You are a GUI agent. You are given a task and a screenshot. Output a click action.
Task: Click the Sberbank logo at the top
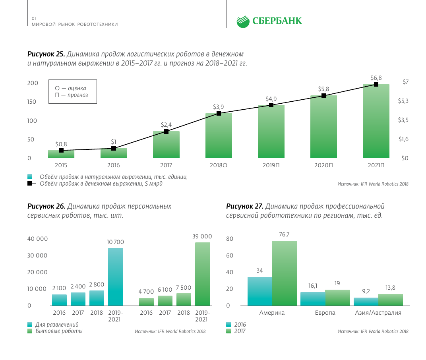[269, 21]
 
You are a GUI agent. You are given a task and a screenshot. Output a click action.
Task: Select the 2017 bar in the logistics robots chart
[166, 145]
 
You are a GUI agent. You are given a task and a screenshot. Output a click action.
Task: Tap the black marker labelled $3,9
[219, 113]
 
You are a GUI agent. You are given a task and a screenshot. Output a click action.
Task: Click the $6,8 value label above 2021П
[376, 78]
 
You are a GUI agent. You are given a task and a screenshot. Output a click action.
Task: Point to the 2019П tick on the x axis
[271, 165]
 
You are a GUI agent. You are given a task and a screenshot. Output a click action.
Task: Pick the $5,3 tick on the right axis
[403, 101]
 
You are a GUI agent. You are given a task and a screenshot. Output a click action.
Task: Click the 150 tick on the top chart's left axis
[32, 102]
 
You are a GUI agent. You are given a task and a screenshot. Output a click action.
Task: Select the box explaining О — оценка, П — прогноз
[73, 92]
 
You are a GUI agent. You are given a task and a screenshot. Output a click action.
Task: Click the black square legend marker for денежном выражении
[30, 184]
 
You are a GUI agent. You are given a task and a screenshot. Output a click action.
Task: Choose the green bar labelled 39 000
[202, 274]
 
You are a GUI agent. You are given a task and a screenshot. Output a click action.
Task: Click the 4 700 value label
[146, 292]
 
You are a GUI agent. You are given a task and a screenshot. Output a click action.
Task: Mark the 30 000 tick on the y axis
[37, 255]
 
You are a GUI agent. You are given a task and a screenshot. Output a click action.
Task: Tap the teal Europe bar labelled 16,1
[312, 299]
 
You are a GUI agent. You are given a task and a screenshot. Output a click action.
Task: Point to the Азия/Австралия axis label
[378, 313]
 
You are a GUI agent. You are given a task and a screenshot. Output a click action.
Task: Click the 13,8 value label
[390, 288]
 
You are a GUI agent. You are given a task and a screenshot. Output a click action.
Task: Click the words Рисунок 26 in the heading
[46, 206]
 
